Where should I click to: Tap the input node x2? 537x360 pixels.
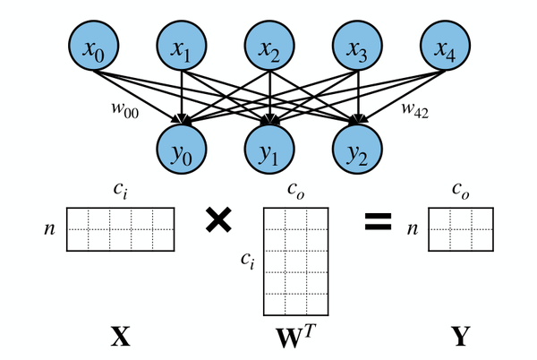(269, 50)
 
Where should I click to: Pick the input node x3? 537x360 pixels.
(357, 50)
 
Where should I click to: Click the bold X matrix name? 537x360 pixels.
(120, 337)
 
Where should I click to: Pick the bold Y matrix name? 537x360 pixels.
(461, 337)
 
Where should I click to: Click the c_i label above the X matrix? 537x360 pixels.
(120, 190)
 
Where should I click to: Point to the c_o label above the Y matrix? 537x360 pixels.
(461, 190)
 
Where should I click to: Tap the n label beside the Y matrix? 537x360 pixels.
(412, 229)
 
